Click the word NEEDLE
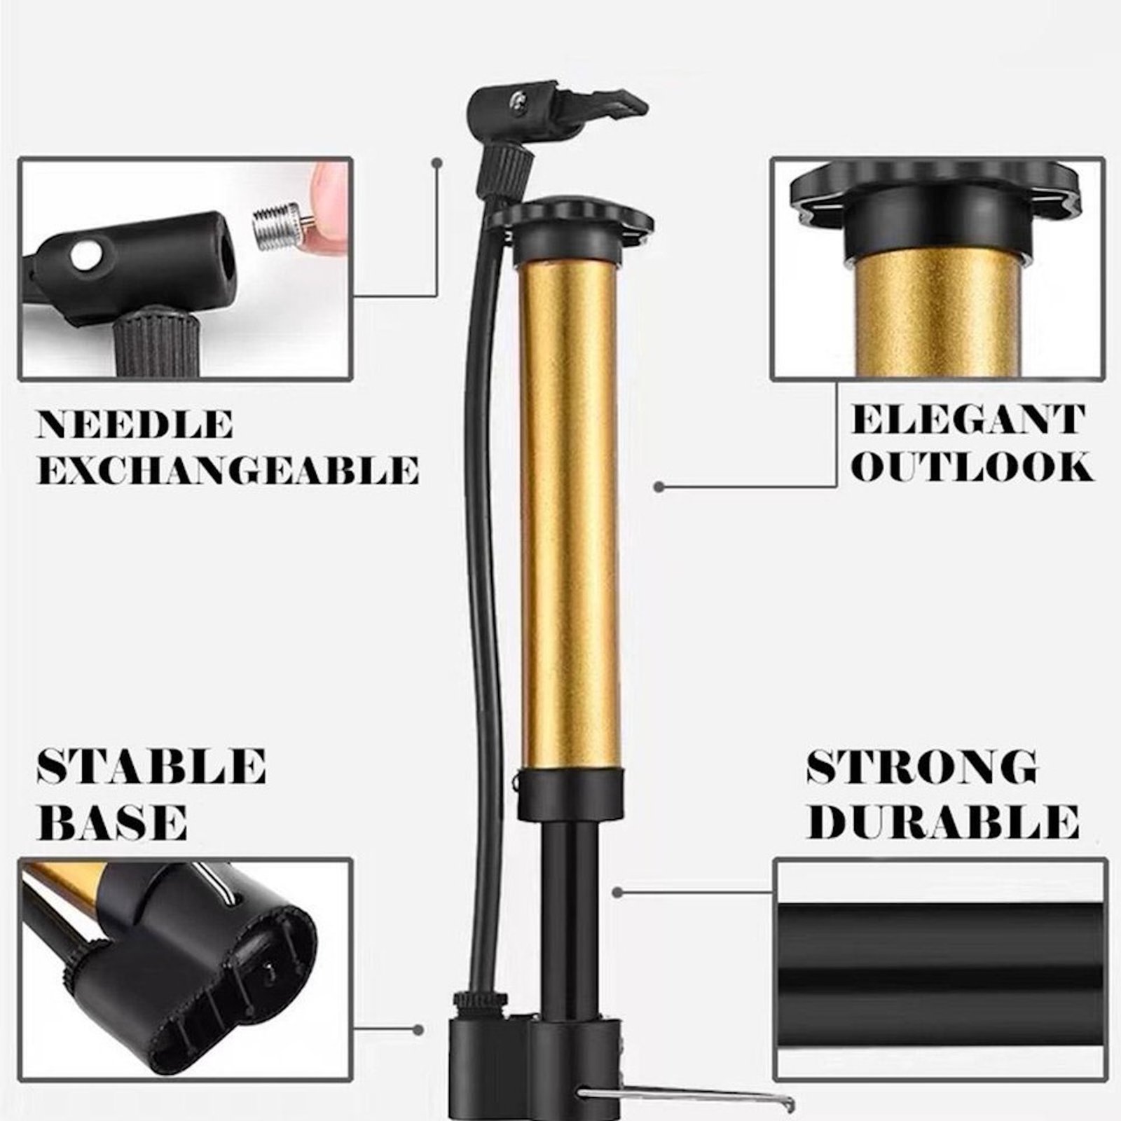(x=135, y=425)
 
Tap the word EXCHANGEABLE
(x=228, y=469)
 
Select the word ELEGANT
(x=968, y=420)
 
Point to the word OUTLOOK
(x=971, y=466)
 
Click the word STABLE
(x=151, y=766)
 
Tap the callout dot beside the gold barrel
(x=658, y=486)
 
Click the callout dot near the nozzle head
(x=437, y=163)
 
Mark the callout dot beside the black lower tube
(x=617, y=892)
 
